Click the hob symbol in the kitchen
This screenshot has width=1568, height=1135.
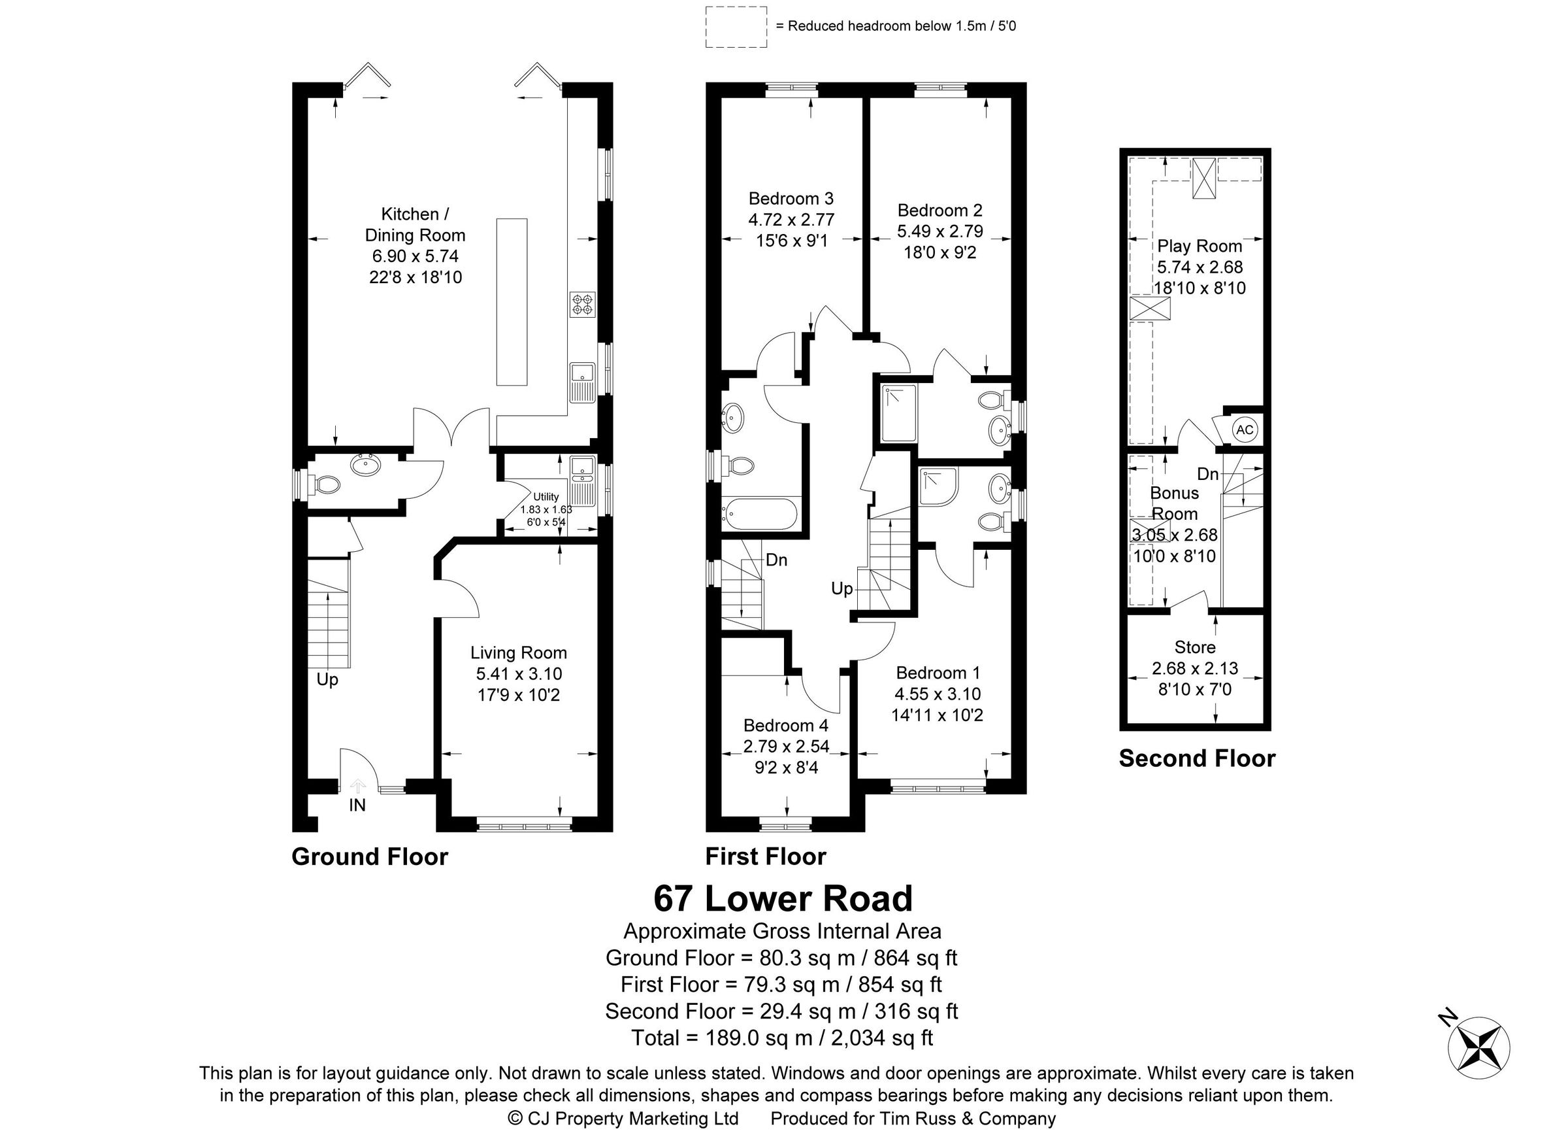pos(582,304)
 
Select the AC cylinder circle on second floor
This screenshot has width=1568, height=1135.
pos(1245,430)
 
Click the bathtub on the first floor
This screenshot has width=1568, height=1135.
pos(759,513)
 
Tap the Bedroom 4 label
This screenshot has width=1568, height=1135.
pos(785,726)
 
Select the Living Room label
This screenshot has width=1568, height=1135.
pos(519,653)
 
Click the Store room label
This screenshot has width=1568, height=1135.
pos(1195,647)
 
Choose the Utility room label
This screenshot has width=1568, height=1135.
pos(546,497)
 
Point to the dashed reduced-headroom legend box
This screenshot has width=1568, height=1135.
pos(736,27)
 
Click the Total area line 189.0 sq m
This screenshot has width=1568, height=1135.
pos(782,1038)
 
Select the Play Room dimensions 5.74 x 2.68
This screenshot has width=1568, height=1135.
pos(1200,267)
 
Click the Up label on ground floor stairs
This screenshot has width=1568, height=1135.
pos(327,680)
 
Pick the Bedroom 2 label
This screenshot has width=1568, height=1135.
pos(939,211)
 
